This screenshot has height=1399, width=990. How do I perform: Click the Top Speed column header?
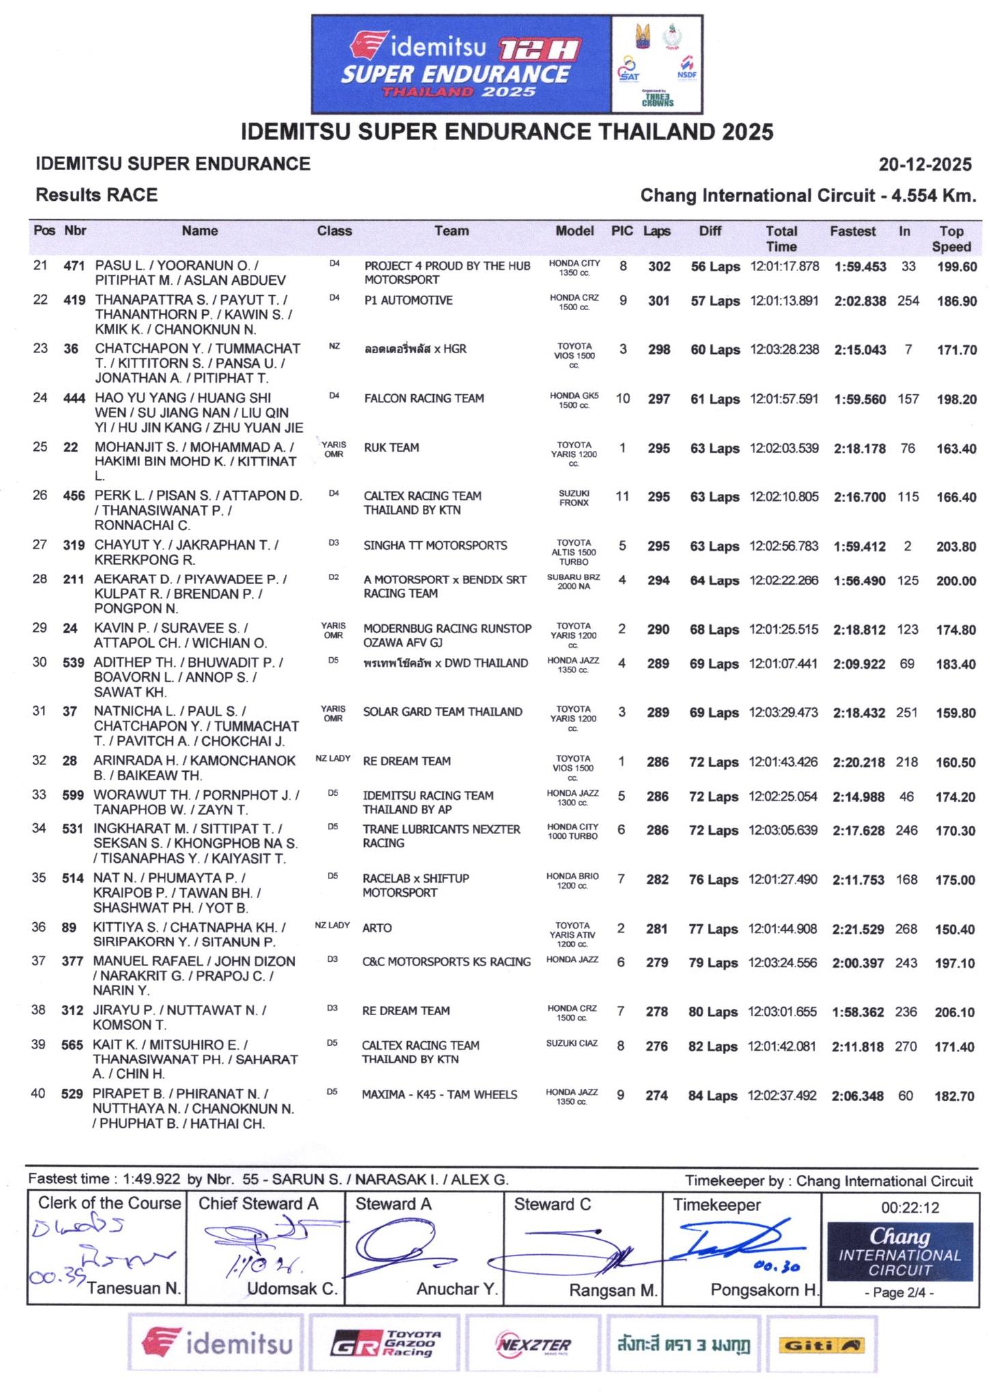point(950,238)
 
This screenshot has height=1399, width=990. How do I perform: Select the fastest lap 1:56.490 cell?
point(860,581)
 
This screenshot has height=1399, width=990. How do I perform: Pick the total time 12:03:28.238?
point(784,350)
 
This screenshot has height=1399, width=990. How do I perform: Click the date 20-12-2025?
point(924,164)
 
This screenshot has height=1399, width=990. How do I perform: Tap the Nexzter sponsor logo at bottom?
point(532,1344)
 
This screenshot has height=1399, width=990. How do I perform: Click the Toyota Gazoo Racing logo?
point(383,1344)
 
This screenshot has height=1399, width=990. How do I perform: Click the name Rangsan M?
point(613,1290)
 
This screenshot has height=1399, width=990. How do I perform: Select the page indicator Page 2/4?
point(898,1292)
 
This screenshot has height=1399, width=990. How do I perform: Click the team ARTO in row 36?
point(376,928)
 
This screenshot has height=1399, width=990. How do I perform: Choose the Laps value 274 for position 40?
point(656,1096)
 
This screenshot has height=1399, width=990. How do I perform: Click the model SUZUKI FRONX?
point(573,497)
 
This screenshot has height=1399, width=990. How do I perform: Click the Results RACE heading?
point(96,195)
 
